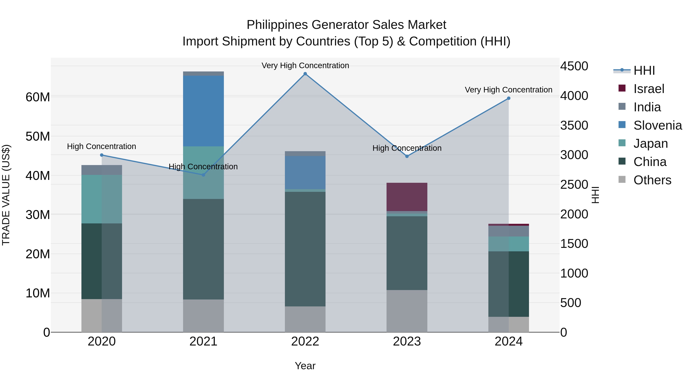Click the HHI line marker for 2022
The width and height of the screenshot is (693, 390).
[305, 74]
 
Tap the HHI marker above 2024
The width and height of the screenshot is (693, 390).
[508, 98]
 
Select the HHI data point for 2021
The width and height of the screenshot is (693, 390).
[203, 175]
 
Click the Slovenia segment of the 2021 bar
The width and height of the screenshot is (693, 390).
[203, 111]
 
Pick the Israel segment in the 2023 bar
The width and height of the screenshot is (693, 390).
[407, 197]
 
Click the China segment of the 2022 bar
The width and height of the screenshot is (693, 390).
[305, 249]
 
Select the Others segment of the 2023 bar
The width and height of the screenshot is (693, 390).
[407, 311]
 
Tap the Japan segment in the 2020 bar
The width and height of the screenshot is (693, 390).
[102, 199]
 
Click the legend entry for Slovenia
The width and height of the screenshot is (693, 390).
[658, 125]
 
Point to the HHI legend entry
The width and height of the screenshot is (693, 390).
[644, 70]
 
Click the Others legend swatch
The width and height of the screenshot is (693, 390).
[622, 179]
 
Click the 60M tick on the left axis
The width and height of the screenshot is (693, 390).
[38, 97]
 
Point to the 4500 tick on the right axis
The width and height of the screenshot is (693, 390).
[574, 66]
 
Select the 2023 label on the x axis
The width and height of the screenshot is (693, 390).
[407, 341]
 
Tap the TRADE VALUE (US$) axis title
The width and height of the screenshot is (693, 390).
[6, 195]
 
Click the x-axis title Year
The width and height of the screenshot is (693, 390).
[305, 366]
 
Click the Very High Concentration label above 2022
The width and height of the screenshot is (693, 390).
[305, 65]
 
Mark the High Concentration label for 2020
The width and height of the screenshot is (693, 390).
[101, 146]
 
